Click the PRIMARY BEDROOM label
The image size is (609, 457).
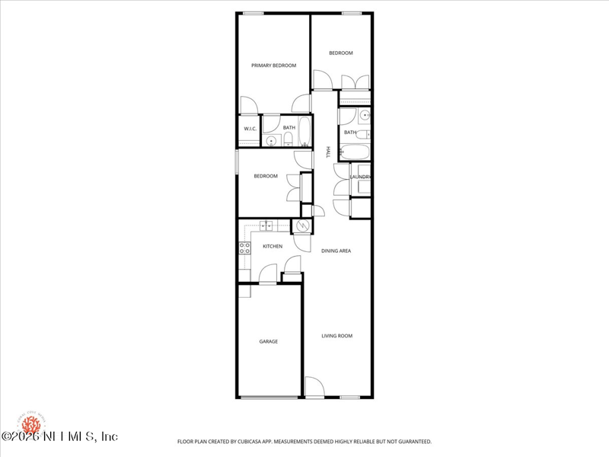(x=273, y=66)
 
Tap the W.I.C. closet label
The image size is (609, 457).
(x=250, y=129)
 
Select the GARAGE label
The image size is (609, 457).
(x=268, y=341)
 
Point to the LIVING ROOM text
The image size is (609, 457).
(x=336, y=336)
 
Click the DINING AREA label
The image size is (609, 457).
(x=336, y=251)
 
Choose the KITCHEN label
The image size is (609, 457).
(x=273, y=246)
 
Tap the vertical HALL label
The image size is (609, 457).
(x=328, y=152)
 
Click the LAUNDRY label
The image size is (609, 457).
(x=360, y=177)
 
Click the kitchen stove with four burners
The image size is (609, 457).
(x=245, y=248)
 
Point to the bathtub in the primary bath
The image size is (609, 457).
(x=304, y=132)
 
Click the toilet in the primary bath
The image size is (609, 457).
(x=289, y=139)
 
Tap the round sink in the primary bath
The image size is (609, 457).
(x=272, y=141)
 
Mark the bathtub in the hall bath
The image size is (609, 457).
(x=355, y=152)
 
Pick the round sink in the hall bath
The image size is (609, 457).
(x=365, y=116)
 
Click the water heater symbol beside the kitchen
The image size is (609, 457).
(x=302, y=226)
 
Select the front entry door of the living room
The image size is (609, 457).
(x=314, y=388)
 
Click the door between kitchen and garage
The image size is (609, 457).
(x=267, y=275)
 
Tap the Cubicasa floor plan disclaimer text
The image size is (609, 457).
(x=304, y=441)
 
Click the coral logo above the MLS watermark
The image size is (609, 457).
(x=30, y=420)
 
